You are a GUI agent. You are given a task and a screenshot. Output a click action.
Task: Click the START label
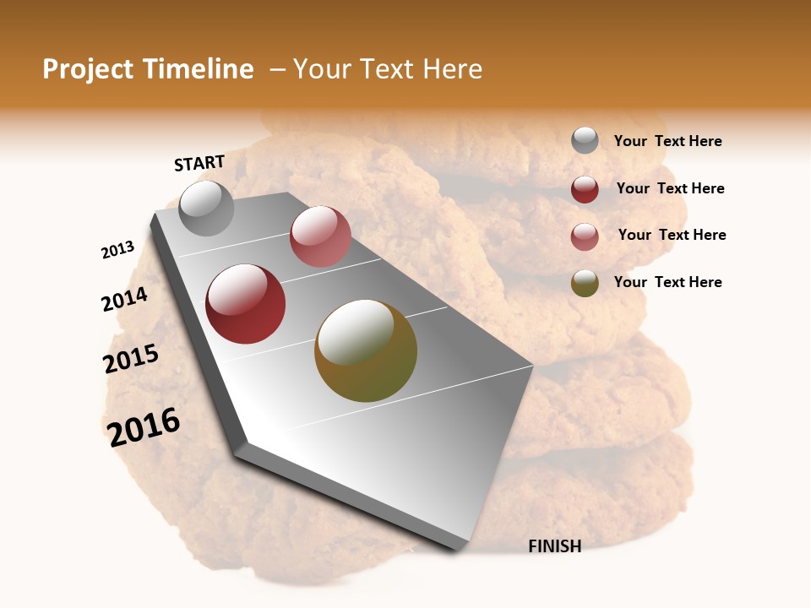[x=199, y=163]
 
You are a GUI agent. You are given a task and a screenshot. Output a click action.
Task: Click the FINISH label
[x=555, y=546]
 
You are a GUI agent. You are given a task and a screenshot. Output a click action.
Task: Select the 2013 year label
[x=117, y=250]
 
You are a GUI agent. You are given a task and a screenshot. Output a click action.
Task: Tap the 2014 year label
[x=124, y=299]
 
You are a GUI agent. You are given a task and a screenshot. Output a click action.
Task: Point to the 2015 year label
[x=131, y=359]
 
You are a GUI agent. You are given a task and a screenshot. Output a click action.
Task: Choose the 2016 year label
[x=144, y=426]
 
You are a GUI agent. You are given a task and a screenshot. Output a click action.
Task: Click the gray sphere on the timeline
[x=206, y=209]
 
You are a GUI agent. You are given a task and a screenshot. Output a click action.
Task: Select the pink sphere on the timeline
[x=320, y=236]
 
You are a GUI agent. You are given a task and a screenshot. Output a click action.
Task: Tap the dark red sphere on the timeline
[x=246, y=304]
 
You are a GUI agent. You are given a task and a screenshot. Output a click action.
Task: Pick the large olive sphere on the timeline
[x=366, y=350]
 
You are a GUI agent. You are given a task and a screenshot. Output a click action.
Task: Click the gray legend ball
[x=585, y=140]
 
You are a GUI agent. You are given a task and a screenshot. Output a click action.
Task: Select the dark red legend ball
[x=585, y=189]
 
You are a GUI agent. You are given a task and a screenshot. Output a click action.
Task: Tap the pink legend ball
[x=585, y=236]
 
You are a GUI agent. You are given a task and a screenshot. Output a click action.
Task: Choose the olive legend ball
[x=585, y=283]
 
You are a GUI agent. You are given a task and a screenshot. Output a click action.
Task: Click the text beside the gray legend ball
[x=667, y=141]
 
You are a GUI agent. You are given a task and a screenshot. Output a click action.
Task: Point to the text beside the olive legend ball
[x=667, y=282]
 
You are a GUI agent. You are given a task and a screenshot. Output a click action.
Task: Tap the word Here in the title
[x=452, y=69]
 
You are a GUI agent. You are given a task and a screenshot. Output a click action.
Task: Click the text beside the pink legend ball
[x=672, y=235]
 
